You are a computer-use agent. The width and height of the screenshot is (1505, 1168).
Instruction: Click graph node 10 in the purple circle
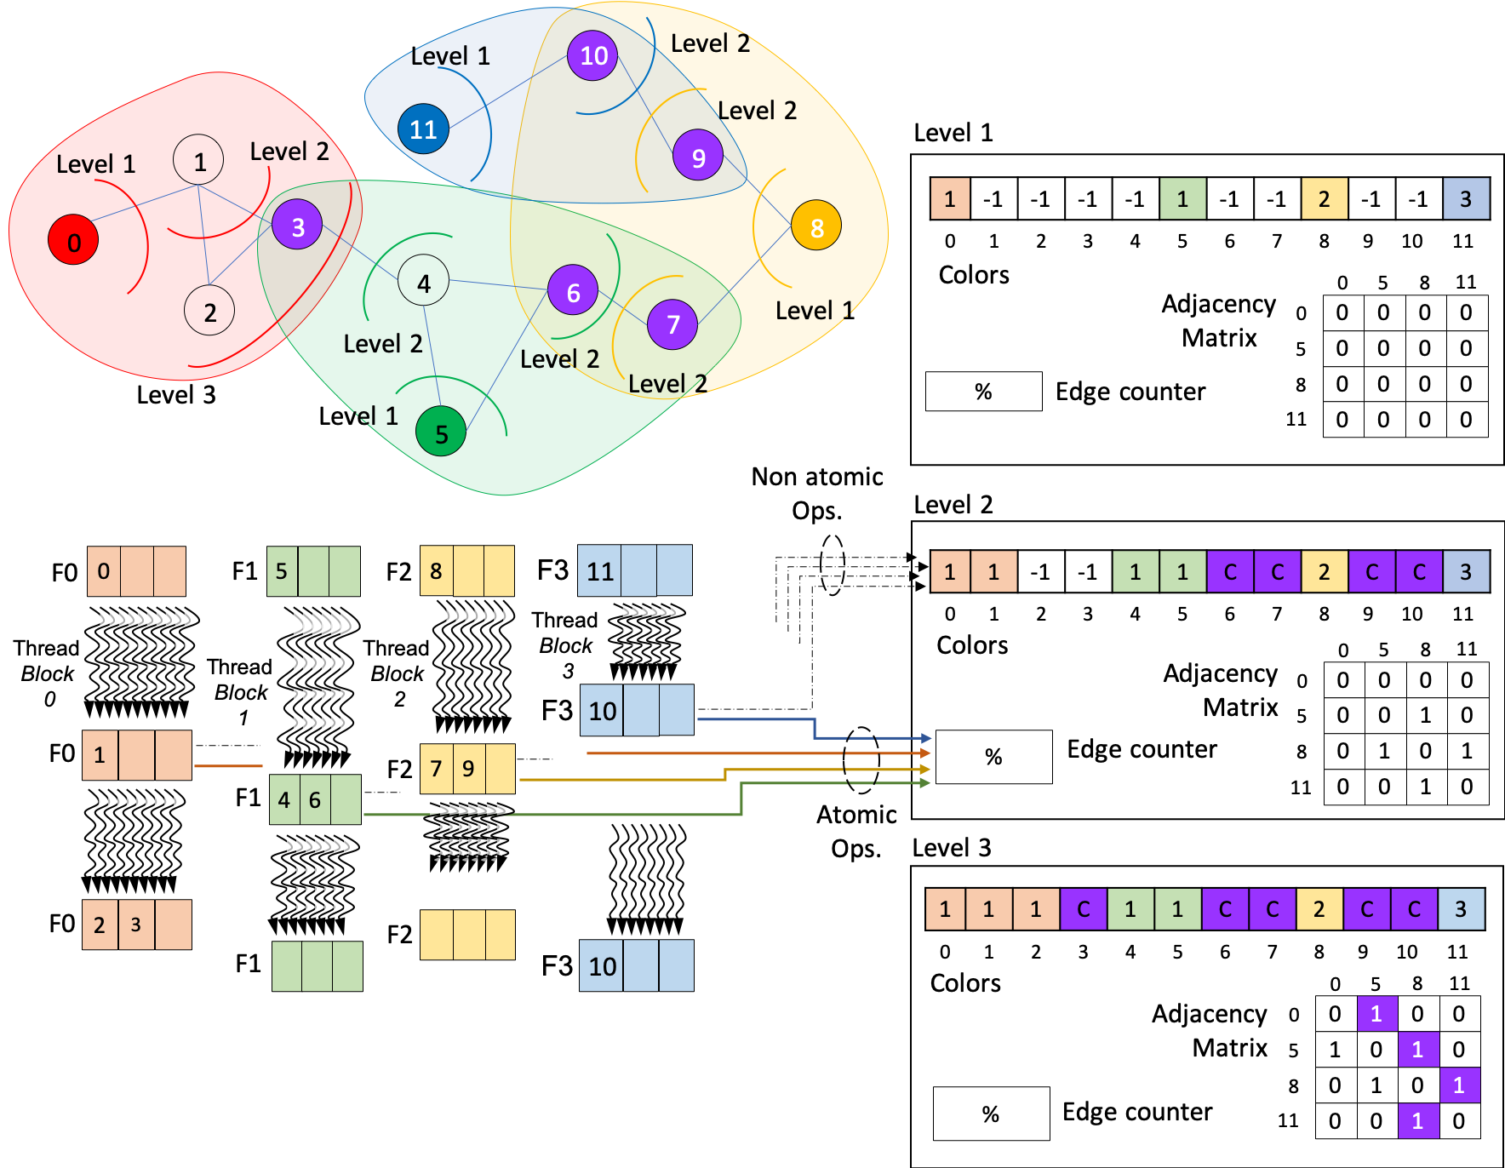click(x=592, y=56)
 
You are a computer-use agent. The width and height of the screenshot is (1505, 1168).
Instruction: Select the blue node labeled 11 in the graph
click(x=423, y=129)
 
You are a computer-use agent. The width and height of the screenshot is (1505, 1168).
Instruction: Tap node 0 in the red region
click(x=73, y=243)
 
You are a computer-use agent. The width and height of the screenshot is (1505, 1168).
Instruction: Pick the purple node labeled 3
click(x=297, y=226)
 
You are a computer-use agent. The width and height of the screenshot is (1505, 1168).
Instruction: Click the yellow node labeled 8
click(x=816, y=227)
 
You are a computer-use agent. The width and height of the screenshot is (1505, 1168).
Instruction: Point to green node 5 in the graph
click(x=441, y=433)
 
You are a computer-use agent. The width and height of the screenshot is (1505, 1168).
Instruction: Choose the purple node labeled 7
click(x=672, y=324)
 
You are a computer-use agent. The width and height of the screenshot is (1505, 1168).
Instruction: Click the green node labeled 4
click(x=423, y=283)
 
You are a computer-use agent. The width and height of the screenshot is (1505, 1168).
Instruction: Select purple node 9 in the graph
click(x=698, y=157)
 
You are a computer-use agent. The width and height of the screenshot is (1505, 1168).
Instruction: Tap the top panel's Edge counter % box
click(x=983, y=392)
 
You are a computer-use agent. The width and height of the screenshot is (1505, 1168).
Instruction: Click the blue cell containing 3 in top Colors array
click(x=1466, y=199)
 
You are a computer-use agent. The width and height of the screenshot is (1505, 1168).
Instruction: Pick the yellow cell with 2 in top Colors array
click(x=1324, y=199)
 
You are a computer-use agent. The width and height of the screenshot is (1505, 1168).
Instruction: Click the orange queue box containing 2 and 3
click(x=136, y=925)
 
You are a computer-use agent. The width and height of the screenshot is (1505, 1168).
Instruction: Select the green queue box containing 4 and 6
click(x=315, y=799)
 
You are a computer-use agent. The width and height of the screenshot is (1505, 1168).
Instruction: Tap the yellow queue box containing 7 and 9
click(x=467, y=769)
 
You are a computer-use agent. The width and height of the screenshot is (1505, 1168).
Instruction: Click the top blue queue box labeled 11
click(x=634, y=570)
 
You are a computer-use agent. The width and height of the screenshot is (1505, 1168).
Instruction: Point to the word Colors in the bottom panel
click(x=965, y=983)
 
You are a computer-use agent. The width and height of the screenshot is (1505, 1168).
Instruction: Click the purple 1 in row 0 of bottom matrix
click(x=1376, y=1014)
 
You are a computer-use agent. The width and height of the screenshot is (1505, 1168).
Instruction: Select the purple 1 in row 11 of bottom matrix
click(x=1417, y=1121)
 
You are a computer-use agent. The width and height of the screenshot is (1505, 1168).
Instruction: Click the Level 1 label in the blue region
click(x=450, y=57)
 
